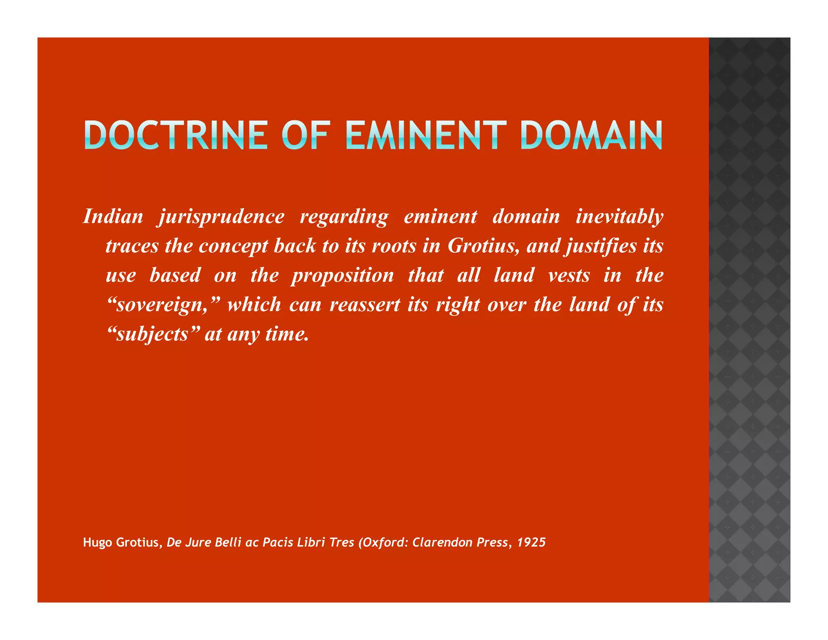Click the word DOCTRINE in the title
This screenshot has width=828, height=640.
tap(176, 135)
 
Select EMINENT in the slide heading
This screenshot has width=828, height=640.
tap(426, 135)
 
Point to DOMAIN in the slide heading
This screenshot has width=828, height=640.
tap(591, 135)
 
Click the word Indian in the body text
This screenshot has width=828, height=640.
tap(113, 216)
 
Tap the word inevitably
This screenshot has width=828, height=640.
tap(619, 216)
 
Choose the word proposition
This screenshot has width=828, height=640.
tap(342, 276)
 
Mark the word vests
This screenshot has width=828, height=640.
tap(569, 275)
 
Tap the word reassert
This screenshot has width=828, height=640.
tap(365, 305)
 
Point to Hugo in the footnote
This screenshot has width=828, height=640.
tap(97, 542)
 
